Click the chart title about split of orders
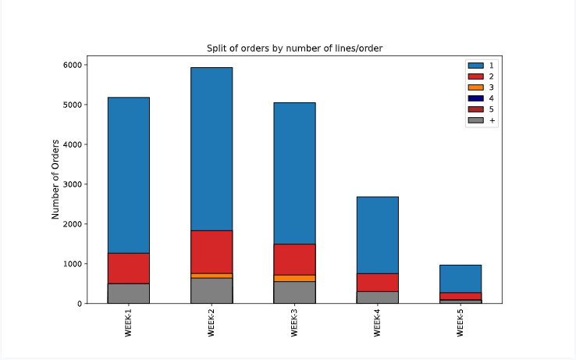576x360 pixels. pos(294,48)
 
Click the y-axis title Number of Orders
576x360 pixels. pos(55,180)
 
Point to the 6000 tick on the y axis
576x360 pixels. pos(73,65)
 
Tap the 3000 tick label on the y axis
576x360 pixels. pos(73,184)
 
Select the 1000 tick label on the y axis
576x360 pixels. pos(73,264)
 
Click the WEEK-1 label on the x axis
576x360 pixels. pos(129,321)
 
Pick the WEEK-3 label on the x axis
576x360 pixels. pos(294,321)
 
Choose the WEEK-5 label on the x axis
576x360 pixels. pos(460,321)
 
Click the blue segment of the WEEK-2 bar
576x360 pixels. pos(212,148)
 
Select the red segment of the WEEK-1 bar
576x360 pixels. pos(129,268)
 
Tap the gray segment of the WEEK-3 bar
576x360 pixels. pos(294,292)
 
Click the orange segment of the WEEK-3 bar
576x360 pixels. pos(294,278)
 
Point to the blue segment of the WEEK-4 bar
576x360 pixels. pos(378,234)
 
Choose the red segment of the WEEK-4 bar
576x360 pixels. pos(378,282)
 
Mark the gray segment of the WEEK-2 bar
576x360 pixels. pos(212,290)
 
